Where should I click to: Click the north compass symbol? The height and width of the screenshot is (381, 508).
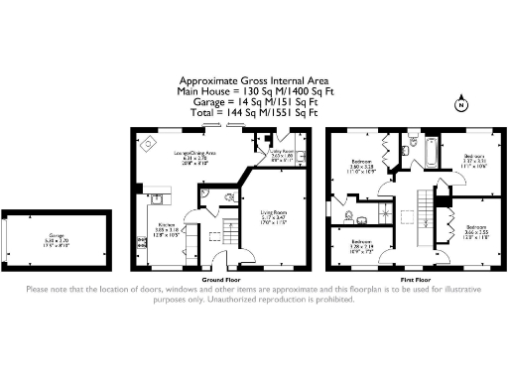[460, 104]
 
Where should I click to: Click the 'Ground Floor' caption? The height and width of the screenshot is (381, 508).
[217, 281]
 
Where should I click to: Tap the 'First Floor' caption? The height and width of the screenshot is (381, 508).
[415, 281]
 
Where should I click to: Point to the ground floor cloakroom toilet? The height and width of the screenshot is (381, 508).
[229, 195]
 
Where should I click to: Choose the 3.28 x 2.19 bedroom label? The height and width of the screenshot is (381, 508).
[362, 245]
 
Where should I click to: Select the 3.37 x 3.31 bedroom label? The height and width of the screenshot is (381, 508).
[475, 161]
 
